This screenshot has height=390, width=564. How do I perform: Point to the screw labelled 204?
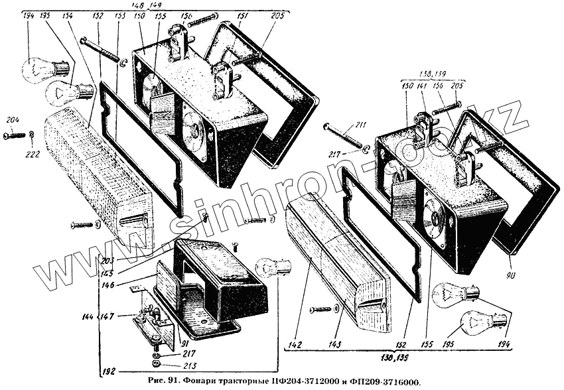pos(15,135)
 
